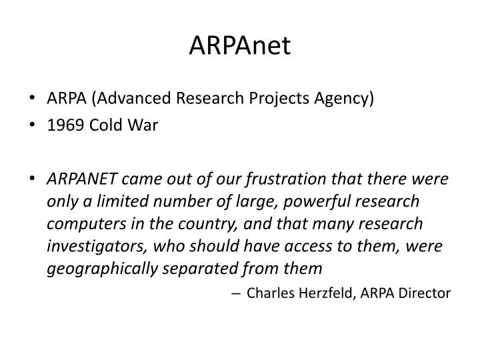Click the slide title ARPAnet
click(240, 45)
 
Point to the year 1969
click(62, 125)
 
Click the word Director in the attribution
click(425, 293)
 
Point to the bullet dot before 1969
click(34, 125)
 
